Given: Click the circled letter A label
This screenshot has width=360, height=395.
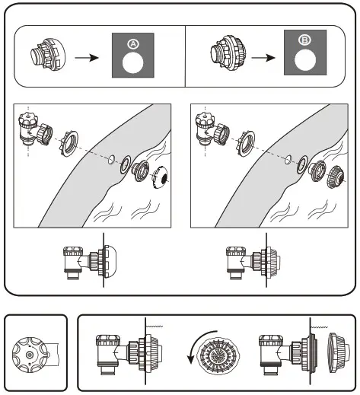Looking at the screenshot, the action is [x=133, y=44].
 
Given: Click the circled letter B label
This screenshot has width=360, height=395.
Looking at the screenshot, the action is [x=304, y=40].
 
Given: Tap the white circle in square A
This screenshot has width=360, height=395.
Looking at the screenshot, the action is [x=132, y=63].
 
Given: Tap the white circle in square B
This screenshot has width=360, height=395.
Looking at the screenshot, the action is [x=305, y=60].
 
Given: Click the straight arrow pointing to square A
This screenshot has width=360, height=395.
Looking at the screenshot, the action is [x=87, y=58].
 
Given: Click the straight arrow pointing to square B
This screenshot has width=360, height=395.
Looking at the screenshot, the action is [x=263, y=58].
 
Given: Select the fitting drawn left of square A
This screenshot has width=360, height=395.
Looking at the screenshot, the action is [x=48, y=55].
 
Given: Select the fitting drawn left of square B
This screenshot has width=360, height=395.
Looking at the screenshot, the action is [x=228, y=53].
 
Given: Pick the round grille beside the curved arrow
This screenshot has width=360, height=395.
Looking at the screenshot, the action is [x=218, y=353].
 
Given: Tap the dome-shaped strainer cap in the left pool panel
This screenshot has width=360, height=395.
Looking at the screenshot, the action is [x=160, y=177].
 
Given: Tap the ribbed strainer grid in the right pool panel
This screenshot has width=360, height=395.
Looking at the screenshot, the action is [x=336, y=177].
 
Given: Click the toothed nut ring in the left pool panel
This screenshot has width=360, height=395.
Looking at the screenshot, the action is [x=69, y=143].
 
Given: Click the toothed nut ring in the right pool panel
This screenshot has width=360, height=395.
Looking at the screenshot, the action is [x=246, y=144].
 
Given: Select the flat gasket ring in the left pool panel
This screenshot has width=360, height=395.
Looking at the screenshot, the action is [x=126, y=164].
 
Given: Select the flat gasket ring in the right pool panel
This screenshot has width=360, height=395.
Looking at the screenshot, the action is [x=302, y=164].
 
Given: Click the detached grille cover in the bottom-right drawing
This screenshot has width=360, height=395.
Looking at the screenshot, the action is [x=337, y=352].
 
